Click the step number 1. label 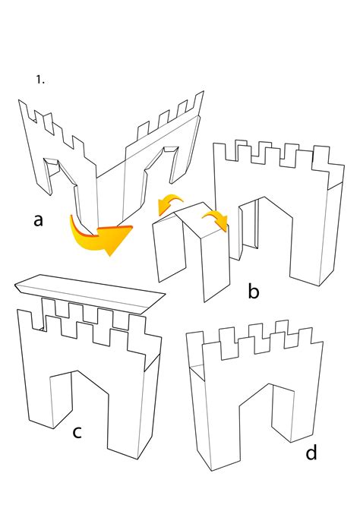(40, 80)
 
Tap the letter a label (38, 220)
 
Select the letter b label (254, 291)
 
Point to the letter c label (77, 432)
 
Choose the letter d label (311, 452)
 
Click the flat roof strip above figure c (90, 292)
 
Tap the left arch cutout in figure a (62, 181)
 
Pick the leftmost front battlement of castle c (24, 319)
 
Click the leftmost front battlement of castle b (219, 152)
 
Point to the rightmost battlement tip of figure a (204, 91)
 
